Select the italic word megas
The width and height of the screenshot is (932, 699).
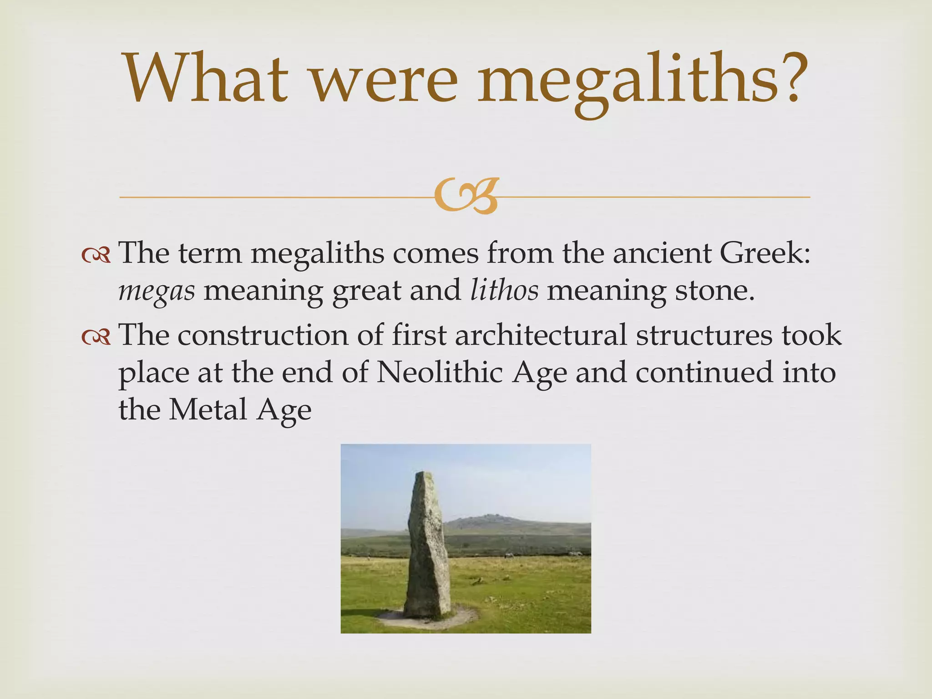click(x=157, y=291)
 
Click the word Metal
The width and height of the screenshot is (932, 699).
click(x=208, y=409)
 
